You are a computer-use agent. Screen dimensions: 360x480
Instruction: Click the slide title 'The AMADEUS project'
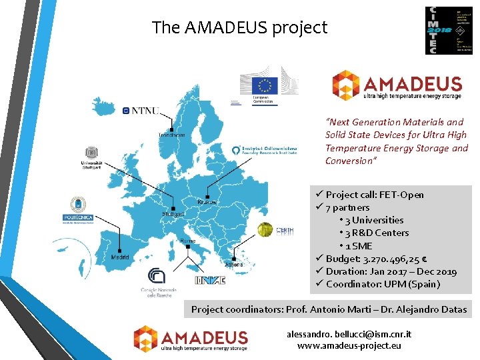click(240, 28)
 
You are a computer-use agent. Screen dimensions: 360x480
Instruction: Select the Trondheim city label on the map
click(171, 135)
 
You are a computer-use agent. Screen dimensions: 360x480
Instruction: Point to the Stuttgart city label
click(173, 214)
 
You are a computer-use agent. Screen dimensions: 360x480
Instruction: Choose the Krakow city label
click(207, 201)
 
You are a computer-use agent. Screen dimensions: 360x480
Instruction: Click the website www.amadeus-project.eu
click(349, 345)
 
